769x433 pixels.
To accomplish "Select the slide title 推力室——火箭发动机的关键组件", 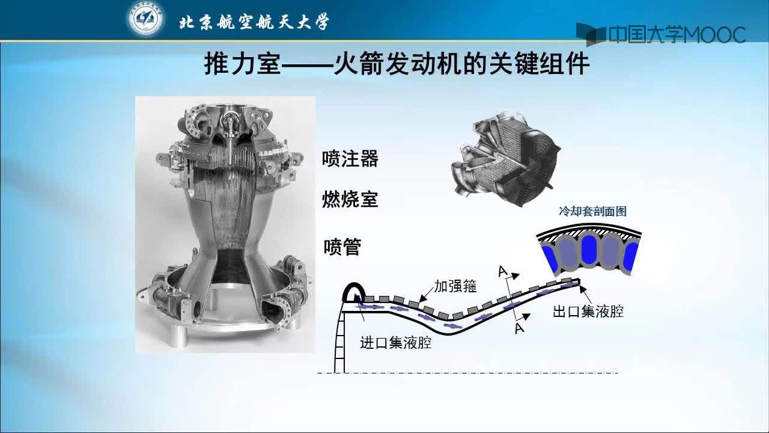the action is click(397, 64).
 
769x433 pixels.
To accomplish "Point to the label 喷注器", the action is click(350, 158).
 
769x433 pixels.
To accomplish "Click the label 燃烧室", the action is click(350, 199).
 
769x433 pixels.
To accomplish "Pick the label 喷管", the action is click(342, 247).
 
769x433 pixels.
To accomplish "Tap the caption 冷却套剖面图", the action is click(592, 211).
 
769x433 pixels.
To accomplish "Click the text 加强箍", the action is click(455, 286).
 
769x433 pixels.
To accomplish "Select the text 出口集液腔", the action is click(588, 312).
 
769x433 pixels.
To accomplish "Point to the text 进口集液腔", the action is click(396, 343).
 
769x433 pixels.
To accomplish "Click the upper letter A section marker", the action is click(503, 271).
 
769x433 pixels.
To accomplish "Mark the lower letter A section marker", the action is click(520, 328).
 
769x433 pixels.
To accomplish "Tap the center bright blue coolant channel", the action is click(589, 249).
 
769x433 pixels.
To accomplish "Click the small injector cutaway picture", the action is click(505, 158).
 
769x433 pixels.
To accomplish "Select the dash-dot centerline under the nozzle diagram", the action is click(467, 372).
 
